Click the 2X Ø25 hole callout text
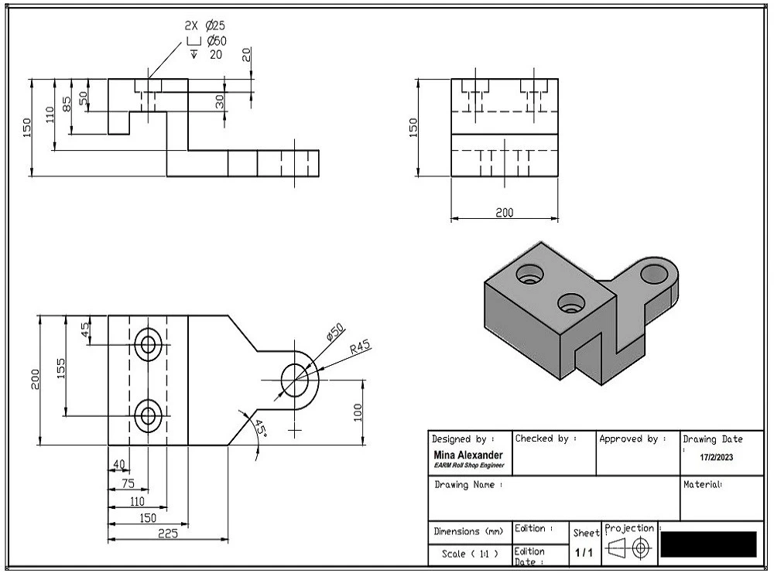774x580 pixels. [x=205, y=26]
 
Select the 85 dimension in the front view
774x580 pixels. [x=67, y=102]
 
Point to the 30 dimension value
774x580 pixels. [x=219, y=101]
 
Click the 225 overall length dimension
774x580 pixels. [x=168, y=534]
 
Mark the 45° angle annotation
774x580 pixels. [x=260, y=430]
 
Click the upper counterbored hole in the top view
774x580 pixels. [x=147, y=344]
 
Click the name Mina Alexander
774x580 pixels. [x=467, y=455]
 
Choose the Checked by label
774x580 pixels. [x=546, y=438]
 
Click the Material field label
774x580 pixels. [x=702, y=485]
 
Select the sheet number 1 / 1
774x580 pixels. [x=584, y=553]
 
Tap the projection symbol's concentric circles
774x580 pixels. [x=640, y=548]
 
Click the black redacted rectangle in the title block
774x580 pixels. [x=707, y=544]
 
